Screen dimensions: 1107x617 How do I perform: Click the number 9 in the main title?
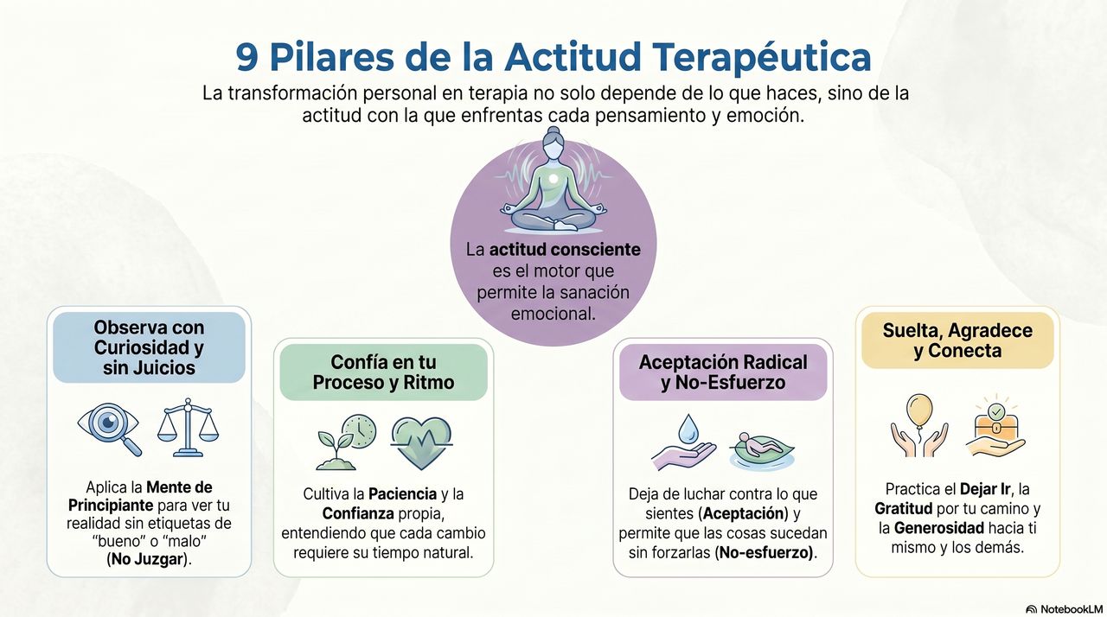click(246, 57)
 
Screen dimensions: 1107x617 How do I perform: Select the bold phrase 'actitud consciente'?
click(565, 249)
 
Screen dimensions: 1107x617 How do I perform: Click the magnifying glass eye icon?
click(109, 429)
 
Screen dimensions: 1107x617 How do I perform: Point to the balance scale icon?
click(188, 428)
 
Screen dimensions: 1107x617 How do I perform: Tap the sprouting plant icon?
click(335, 450)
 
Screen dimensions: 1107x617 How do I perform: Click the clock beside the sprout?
click(359, 431)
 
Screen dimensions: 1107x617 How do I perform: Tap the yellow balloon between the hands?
click(919, 410)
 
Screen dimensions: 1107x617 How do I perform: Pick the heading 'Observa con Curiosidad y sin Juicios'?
click(149, 347)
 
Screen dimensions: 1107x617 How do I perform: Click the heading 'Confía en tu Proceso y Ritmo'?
click(383, 372)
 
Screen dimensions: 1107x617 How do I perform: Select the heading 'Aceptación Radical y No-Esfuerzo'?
click(723, 372)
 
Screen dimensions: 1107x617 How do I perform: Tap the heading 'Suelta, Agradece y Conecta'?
click(957, 340)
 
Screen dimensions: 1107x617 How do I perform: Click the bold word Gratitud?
click(904, 508)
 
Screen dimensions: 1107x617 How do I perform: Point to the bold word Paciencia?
click(402, 493)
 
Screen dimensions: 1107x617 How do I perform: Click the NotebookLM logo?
click(1064, 609)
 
